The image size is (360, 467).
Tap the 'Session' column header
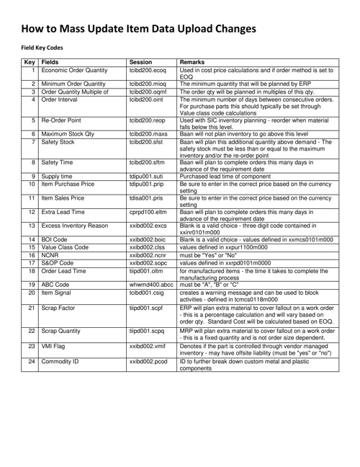pyautogui.click(x=140, y=63)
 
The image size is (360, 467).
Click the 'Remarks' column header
pyautogui.click(x=193, y=63)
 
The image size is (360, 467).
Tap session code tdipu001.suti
pyautogui.click(x=146, y=176)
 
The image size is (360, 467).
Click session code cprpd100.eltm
pyautogui.click(x=148, y=213)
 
